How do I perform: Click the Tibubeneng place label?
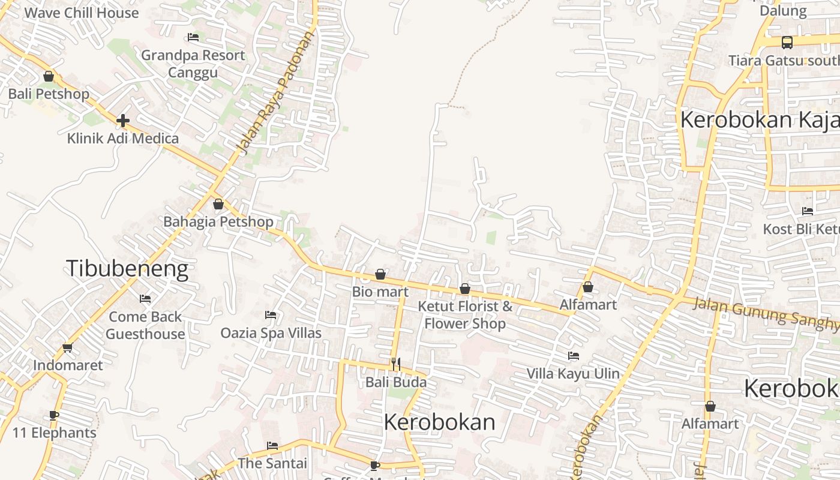click(127, 269)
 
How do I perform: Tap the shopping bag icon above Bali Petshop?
click(49, 77)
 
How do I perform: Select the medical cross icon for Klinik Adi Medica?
click(123, 121)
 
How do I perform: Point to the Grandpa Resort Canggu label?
click(193, 64)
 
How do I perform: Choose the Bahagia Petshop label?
click(218, 221)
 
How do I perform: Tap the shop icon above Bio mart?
click(380, 274)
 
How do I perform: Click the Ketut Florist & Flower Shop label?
click(465, 315)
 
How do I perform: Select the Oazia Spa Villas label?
click(271, 332)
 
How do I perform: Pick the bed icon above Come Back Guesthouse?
click(145, 298)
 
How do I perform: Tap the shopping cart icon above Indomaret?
click(68, 347)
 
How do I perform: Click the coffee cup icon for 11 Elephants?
click(54, 415)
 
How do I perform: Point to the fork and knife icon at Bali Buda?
click(396, 364)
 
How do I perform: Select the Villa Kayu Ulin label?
click(573, 373)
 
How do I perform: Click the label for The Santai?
click(272, 463)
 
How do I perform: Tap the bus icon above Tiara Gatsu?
click(787, 43)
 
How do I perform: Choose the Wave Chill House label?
click(81, 13)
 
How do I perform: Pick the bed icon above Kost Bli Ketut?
click(808, 211)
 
